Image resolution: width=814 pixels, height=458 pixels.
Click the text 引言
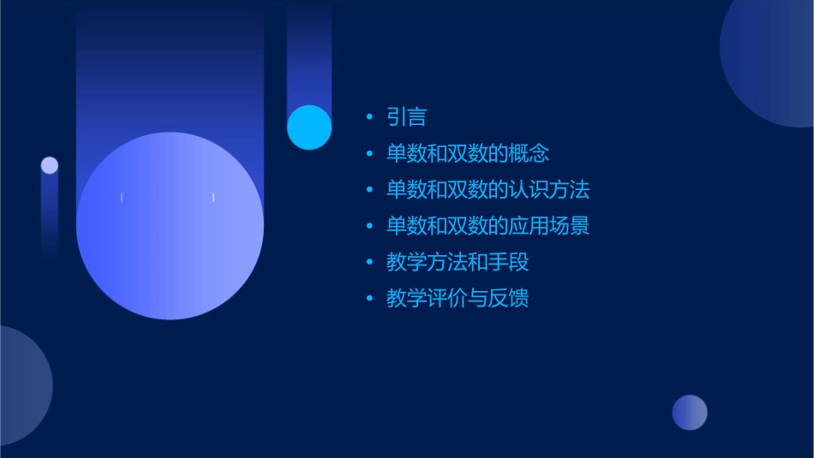pyautogui.click(x=406, y=117)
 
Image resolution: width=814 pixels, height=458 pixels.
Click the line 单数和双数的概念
pyautogui.click(x=467, y=153)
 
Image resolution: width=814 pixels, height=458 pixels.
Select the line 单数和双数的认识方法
pyautogui.click(x=488, y=189)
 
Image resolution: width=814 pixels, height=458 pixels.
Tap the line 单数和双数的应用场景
pyautogui.click(x=488, y=226)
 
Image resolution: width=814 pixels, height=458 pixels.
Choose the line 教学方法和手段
pyautogui.click(x=458, y=262)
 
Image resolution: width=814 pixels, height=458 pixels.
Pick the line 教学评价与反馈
pyautogui.click(x=458, y=298)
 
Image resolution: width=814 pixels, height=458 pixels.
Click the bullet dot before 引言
pyautogui.click(x=369, y=117)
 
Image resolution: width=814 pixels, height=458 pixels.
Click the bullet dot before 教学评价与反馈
pyautogui.click(x=369, y=298)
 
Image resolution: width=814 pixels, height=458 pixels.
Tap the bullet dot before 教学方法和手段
pyautogui.click(x=369, y=262)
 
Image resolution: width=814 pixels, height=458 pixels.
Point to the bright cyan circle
pyautogui.click(x=309, y=128)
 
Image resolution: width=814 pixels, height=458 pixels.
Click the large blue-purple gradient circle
pyautogui.click(x=170, y=226)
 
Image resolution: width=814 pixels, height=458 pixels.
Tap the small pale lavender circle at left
pyautogui.click(x=50, y=165)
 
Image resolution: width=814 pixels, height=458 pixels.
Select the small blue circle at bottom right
pyautogui.click(x=690, y=413)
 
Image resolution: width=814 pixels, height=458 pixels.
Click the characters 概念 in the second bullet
pyautogui.click(x=530, y=153)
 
